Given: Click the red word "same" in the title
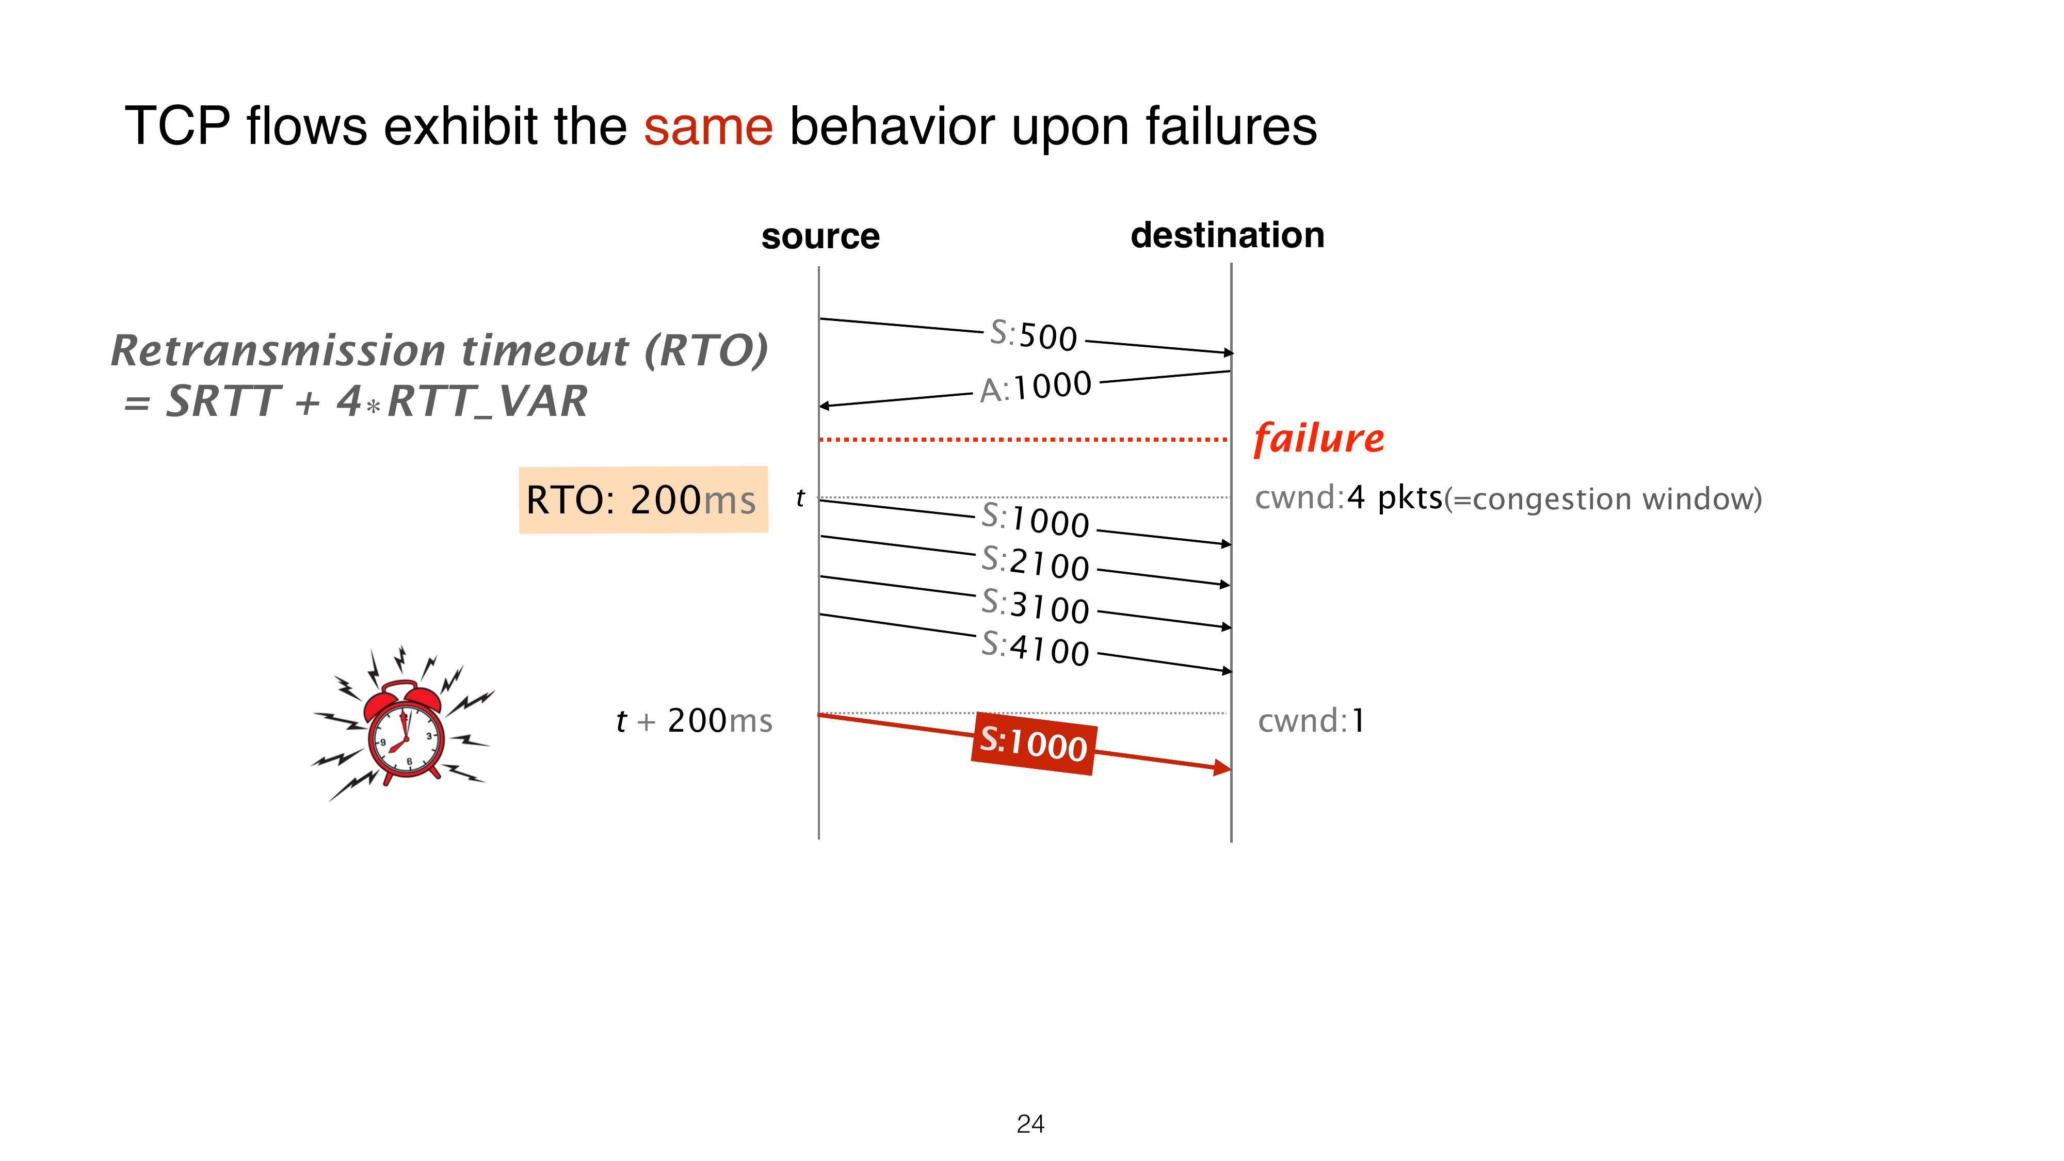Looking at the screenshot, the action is pos(707,126).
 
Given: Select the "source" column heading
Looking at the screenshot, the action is pos(820,236).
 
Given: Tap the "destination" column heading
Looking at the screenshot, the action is pos(1228,235).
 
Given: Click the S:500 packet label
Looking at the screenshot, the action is pos(1034,335).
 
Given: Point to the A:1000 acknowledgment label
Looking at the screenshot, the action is pos(1035,386).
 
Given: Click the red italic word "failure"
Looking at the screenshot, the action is pos(1319,438).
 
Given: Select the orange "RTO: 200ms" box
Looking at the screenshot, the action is pos(643,499).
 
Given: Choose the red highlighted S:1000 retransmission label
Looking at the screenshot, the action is pos(1034,743).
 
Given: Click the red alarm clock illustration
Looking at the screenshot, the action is pos(403,723).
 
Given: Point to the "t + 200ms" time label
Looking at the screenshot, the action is pos(694,720).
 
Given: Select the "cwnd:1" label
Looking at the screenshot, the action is pos(1311,720).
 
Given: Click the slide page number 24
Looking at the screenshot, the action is pos(1030,1124).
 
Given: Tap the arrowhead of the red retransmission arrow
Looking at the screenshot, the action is pos(1223,768).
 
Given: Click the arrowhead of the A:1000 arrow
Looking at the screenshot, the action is pos(824,406).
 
